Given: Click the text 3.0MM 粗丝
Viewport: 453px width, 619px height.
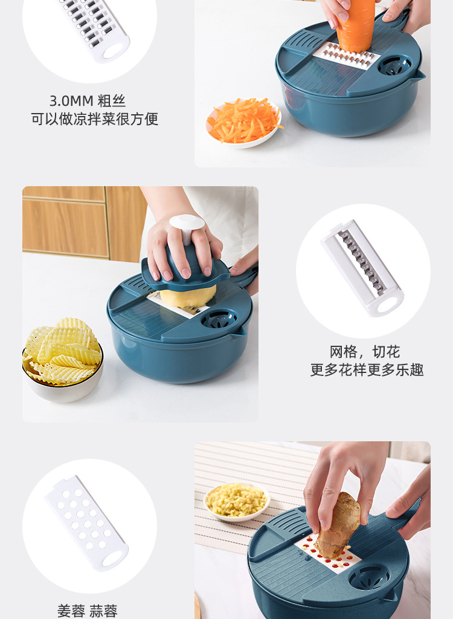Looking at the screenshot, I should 88,101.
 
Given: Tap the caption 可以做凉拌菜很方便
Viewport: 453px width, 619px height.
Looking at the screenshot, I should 95,119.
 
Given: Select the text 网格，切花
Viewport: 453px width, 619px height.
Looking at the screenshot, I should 365,352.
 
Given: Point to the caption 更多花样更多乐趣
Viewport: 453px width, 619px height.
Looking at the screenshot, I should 367,370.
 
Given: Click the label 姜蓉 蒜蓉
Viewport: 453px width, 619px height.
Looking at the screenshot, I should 88,611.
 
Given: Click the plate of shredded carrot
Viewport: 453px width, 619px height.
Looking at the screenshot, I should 243,123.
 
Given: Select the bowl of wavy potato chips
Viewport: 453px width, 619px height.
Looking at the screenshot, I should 62,358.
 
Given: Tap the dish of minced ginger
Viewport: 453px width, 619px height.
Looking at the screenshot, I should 236,501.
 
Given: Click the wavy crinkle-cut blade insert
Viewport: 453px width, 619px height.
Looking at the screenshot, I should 362,267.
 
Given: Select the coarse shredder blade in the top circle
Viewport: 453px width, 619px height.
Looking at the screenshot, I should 94,27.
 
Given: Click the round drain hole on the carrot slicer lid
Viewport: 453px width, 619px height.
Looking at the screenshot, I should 395,65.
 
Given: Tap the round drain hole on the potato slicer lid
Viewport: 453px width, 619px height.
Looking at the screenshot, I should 219,319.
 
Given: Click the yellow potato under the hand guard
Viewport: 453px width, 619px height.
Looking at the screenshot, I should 188,296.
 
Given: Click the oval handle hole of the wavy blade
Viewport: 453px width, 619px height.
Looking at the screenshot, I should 387,304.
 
